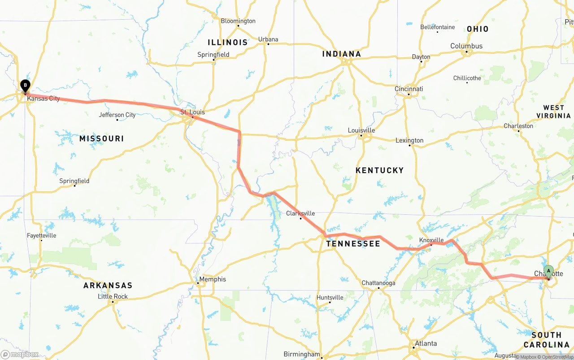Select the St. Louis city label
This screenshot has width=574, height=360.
coord(192,112)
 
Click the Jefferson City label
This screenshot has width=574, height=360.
coord(117,115)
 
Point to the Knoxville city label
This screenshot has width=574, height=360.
coord(431,240)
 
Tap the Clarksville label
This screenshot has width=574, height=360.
coord(300,213)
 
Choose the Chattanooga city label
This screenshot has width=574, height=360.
coord(378,283)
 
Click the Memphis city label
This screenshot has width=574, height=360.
coord(213,279)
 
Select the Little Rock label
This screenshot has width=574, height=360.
coord(113,296)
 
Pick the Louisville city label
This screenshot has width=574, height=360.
coord(361,130)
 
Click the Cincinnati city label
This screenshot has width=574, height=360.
coord(409,89)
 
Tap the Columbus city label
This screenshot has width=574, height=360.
coord(466,46)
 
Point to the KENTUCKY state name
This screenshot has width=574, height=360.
coord(379,170)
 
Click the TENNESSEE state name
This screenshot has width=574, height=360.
coord(353,244)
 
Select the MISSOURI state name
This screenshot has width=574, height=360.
coord(101,139)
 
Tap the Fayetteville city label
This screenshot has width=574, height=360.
coord(41,235)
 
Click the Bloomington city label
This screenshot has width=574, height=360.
coord(238,21)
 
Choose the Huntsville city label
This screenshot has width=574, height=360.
coord(330,297)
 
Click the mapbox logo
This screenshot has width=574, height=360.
coord(20,354)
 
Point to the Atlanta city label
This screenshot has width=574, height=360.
coord(426,343)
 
